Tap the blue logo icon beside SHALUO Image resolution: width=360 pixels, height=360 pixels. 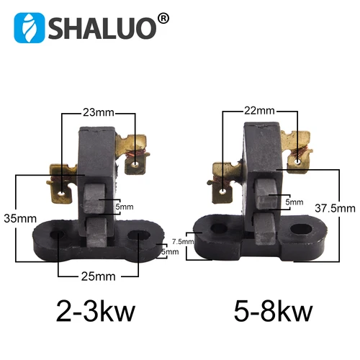point(30,28)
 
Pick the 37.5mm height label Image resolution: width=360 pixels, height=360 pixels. point(336,208)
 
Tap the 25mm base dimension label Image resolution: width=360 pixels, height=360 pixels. point(96,276)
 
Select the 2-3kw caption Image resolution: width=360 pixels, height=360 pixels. point(97,313)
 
